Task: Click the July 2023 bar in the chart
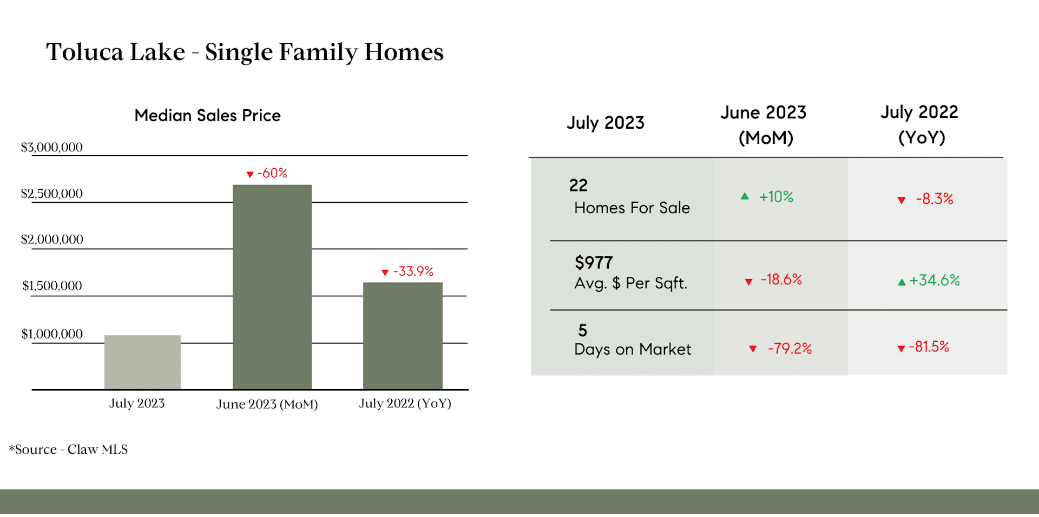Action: pos(142,362)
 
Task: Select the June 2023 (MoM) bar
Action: pos(272,287)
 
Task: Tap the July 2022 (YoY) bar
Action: pos(403,335)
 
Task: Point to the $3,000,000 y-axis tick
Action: pos(52,147)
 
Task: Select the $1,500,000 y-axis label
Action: pos(52,286)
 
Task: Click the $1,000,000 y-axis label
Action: pos(52,334)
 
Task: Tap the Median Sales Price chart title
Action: pos(208,115)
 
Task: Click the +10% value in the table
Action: pos(776,196)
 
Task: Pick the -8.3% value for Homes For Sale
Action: pos(935,198)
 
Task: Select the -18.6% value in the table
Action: pos(781,279)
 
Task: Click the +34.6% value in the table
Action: pos(935,280)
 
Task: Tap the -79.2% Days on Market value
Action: pos(790,348)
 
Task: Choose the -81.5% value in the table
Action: pos(929,347)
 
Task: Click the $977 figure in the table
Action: pos(594,263)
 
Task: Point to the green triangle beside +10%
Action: pos(745,196)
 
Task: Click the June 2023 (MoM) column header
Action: pos(764,125)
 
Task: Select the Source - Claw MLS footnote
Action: pos(69,449)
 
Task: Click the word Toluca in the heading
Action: pos(85,52)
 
